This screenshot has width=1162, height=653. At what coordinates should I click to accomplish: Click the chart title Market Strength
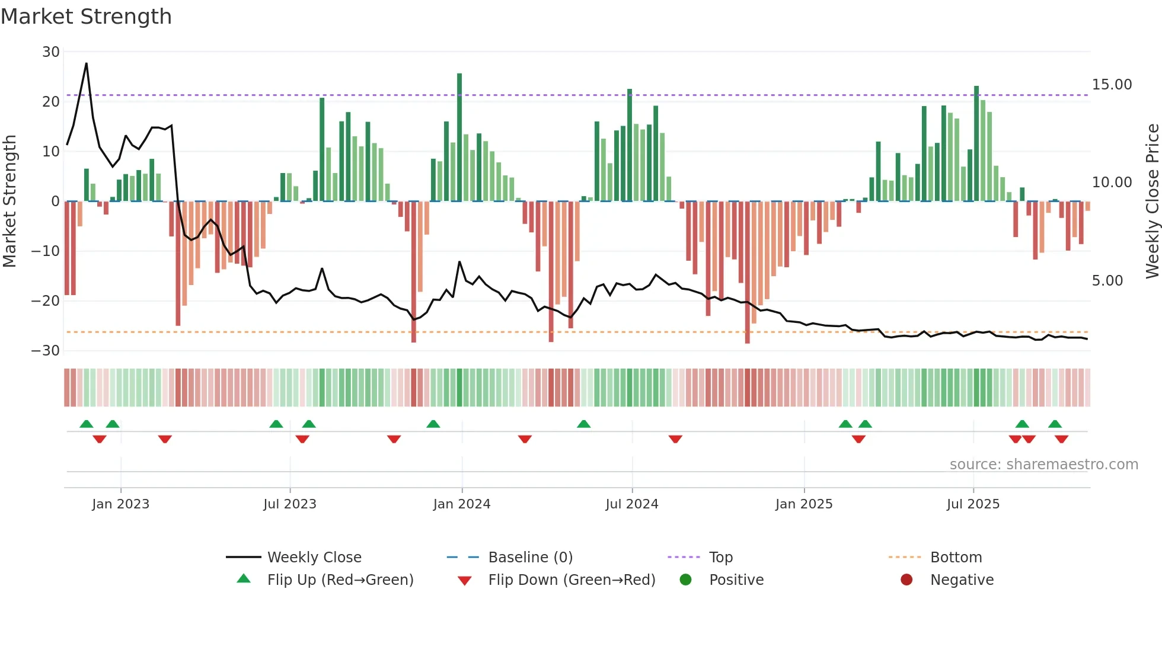tap(86, 17)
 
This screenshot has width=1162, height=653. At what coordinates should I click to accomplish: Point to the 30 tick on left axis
tap(51, 52)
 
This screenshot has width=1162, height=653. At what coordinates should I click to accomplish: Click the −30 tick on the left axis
tap(46, 351)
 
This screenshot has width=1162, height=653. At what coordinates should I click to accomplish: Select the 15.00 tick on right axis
tap(1112, 85)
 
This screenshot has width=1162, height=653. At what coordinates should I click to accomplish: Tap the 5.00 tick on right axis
tap(1107, 281)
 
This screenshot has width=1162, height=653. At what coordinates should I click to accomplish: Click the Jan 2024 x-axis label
tap(461, 504)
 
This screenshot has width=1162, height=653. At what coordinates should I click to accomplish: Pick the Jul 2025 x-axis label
tap(972, 504)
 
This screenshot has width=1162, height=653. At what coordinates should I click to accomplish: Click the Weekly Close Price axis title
tap(1152, 201)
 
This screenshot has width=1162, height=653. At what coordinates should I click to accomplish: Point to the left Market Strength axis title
tap(10, 201)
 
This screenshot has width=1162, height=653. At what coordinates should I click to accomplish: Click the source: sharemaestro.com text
tap(1043, 465)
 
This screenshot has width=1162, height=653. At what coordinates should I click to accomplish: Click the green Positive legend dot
tap(685, 580)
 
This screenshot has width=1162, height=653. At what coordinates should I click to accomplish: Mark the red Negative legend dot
tap(906, 580)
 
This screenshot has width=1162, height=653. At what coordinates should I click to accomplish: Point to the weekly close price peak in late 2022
tap(87, 63)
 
